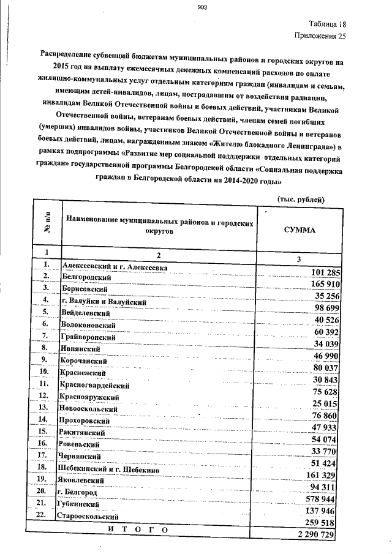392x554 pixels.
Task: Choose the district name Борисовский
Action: coord(86,290)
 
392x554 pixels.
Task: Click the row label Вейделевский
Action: coord(86,313)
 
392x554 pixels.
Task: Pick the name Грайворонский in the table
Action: coord(88,337)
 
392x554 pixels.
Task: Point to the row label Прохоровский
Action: coord(86,421)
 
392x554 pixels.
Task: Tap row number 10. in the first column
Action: coord(43,371)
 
